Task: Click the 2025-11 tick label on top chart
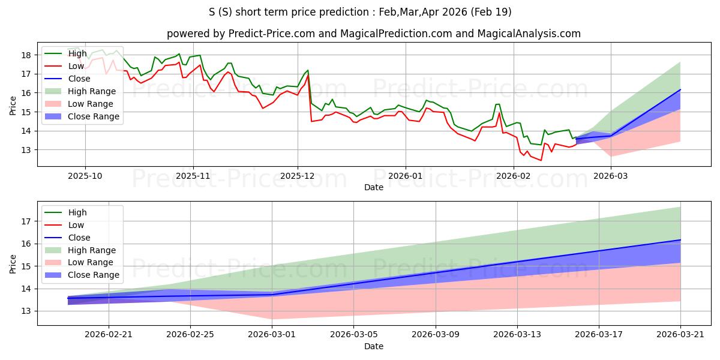pyautogui.click(x=193, y=176)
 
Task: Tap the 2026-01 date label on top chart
pyautogui.click(x=406, y=176)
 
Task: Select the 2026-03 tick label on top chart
pyautogui.click(x=610, y=176)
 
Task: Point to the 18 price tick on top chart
pyautogui.click(x=26, y=55)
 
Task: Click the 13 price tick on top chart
pyautogui.click(x=26, y=150)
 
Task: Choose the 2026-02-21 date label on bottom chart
pyautogui.click(x=109, y=335)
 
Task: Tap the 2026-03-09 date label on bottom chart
pyautogui.click(x=436, y=335)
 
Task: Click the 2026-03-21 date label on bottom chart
pyautogui.click(x=680, y=335)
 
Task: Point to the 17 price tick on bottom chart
pyautogui.click(x=26, y=221)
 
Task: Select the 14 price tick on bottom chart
pyautogui.click(x=26, y=289)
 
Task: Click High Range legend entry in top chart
pyautogui.click(x=80, y=91)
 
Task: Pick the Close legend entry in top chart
pyautogui.click(x=67, y=79)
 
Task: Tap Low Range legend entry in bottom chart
pyautogui.click(x=79, y=262)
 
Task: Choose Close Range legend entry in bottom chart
pyautogui.click(x=82, y=275)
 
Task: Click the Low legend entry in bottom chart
pyautogui.click(x=64, y=225)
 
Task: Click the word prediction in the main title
pyautogui.click(x=344, y=12)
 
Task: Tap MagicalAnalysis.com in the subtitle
pyautogui.click(x=529, y=34)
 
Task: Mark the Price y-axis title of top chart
pyautogui.click(x=13, y=106)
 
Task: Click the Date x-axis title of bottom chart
pyautogui.click(x=373, y=346)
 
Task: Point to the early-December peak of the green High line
pyautogui.click(x=308, y=70)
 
